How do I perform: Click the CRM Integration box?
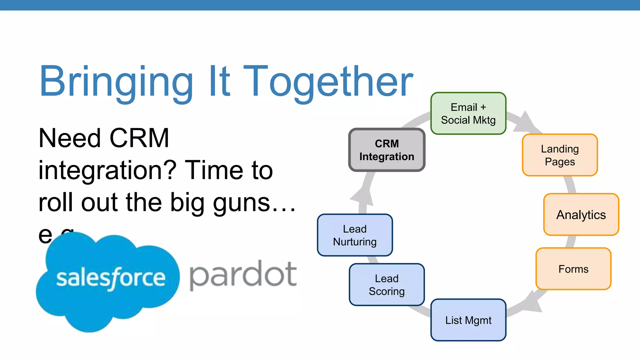click(x=387, y=150)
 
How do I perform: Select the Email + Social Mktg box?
click(x=468, y=113)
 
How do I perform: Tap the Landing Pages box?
click(x=560, y=155)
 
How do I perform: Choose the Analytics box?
click(x=581, y=215)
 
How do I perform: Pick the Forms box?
click(x=573, y=269)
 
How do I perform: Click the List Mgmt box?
click(x=468, y=320)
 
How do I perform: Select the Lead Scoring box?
click(x=387, y=285)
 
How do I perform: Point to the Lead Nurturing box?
click(x=355, y=235)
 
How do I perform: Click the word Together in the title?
click(x=328, y=82)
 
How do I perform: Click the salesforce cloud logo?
click(x=108, y=281)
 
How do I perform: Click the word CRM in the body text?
click(x=139, y=138)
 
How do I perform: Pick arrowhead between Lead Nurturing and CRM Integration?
click(x=362, y=197)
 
